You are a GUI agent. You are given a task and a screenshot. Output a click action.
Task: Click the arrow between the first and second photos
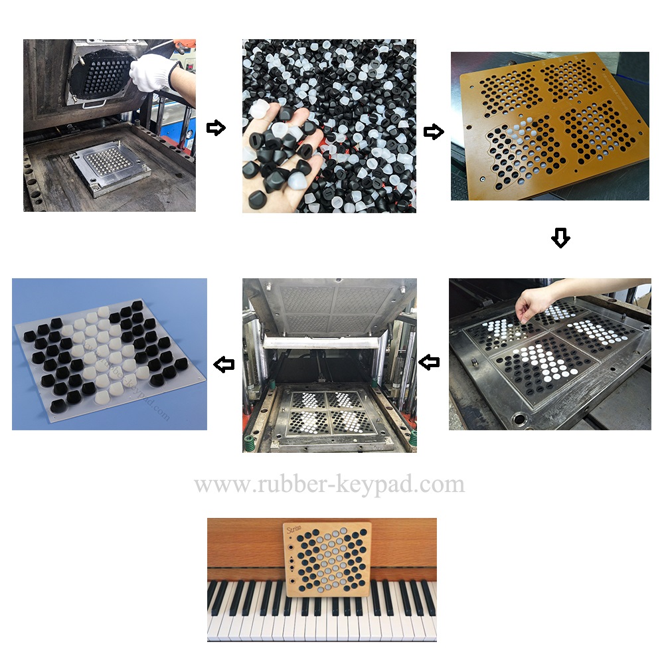tap(216, 128)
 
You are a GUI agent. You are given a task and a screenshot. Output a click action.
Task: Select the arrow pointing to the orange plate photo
tap(433, 132)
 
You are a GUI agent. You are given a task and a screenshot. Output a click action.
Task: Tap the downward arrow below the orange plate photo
tap(560, 238)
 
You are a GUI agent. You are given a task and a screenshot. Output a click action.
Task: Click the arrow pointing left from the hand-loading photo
tap(430, 362)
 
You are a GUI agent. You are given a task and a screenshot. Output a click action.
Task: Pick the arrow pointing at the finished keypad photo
tap(224, 364)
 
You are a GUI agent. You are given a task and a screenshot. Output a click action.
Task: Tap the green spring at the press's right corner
tap(412, 438)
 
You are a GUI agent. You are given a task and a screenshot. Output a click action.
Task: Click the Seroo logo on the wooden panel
tap(294, 529)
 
